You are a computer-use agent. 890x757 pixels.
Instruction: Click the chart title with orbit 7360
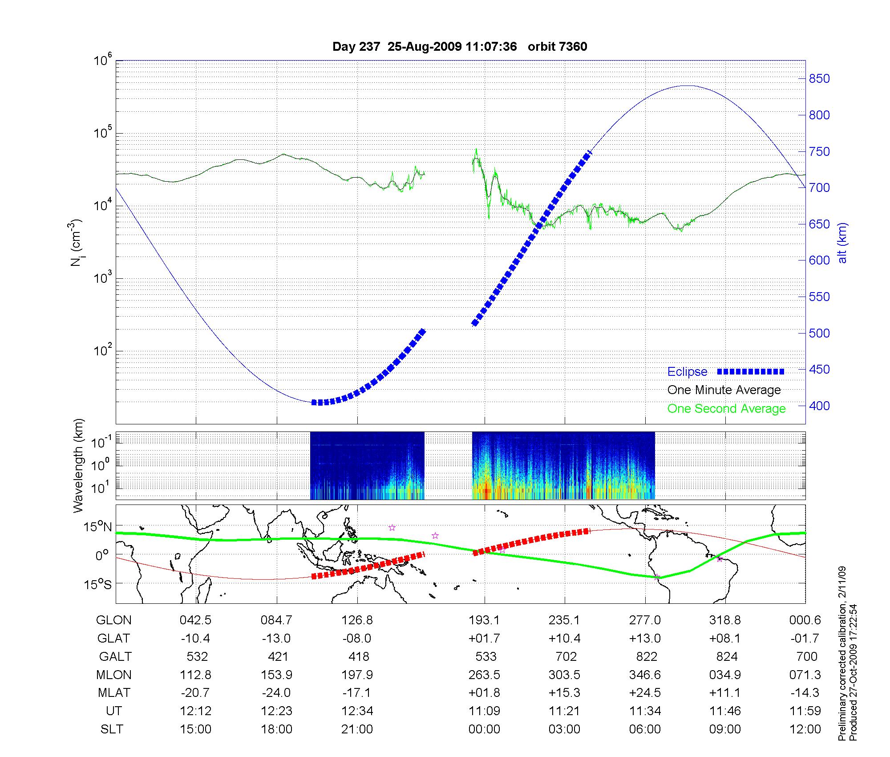point(460,47)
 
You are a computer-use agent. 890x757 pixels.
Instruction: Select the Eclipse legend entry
point(687,372)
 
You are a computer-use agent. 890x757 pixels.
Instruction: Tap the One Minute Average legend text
point(724,390)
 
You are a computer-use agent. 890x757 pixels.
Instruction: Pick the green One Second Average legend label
point(726,409)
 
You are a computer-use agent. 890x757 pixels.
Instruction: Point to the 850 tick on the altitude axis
point(819,79)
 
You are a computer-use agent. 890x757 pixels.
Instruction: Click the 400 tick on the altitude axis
point(819,406)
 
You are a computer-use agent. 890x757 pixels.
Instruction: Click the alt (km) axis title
point(842,243)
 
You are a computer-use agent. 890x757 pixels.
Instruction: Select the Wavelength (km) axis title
point(79,466)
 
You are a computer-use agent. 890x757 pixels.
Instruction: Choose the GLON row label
point(114,620)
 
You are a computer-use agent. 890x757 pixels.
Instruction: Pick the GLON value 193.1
point(484,620)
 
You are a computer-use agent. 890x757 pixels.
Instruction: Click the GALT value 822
point(647,657)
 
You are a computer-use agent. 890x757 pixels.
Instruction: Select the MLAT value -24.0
point(276,693)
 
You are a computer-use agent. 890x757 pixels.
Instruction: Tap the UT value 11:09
point(484,711)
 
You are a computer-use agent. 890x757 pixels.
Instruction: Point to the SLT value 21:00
point(357,729)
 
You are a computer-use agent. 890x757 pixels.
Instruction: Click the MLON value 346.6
point(645,675)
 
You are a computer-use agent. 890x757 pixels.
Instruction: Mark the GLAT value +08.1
point(725,639)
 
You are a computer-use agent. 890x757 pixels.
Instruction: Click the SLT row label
point(112,729)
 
